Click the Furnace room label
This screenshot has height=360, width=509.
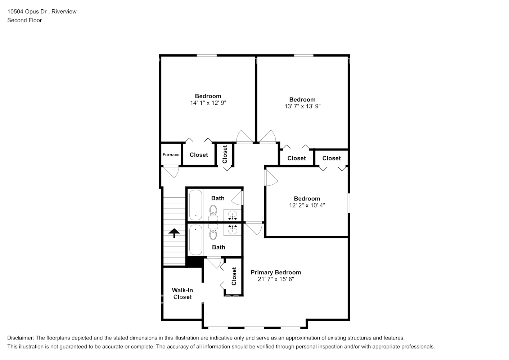[x=171, y=155]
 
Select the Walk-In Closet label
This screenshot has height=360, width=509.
[x=182, y=293]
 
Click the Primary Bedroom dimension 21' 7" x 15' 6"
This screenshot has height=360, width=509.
[x=276, y=279]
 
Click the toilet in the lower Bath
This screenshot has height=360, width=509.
[x=213, y=232]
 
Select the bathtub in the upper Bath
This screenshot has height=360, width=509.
[x=195, y=205]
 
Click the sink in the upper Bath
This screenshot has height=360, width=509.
[x=233, y=216]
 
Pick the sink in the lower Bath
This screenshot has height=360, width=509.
[x=233, y=229]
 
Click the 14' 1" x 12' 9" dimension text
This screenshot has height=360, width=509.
[x=208, y=103]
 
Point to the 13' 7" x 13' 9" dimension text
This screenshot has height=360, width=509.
[x=302, y=106]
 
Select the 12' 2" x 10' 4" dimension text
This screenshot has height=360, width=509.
[x=307, y=205]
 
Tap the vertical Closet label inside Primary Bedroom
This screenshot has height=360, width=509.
[x=234, y=276]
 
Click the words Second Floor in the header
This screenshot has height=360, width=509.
[x=24, y=20]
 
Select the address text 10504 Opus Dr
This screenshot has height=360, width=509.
[x=27, y=12]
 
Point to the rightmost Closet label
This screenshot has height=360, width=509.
[x=331, y=158]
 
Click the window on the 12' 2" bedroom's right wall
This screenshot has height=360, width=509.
[x=348, y=203]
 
